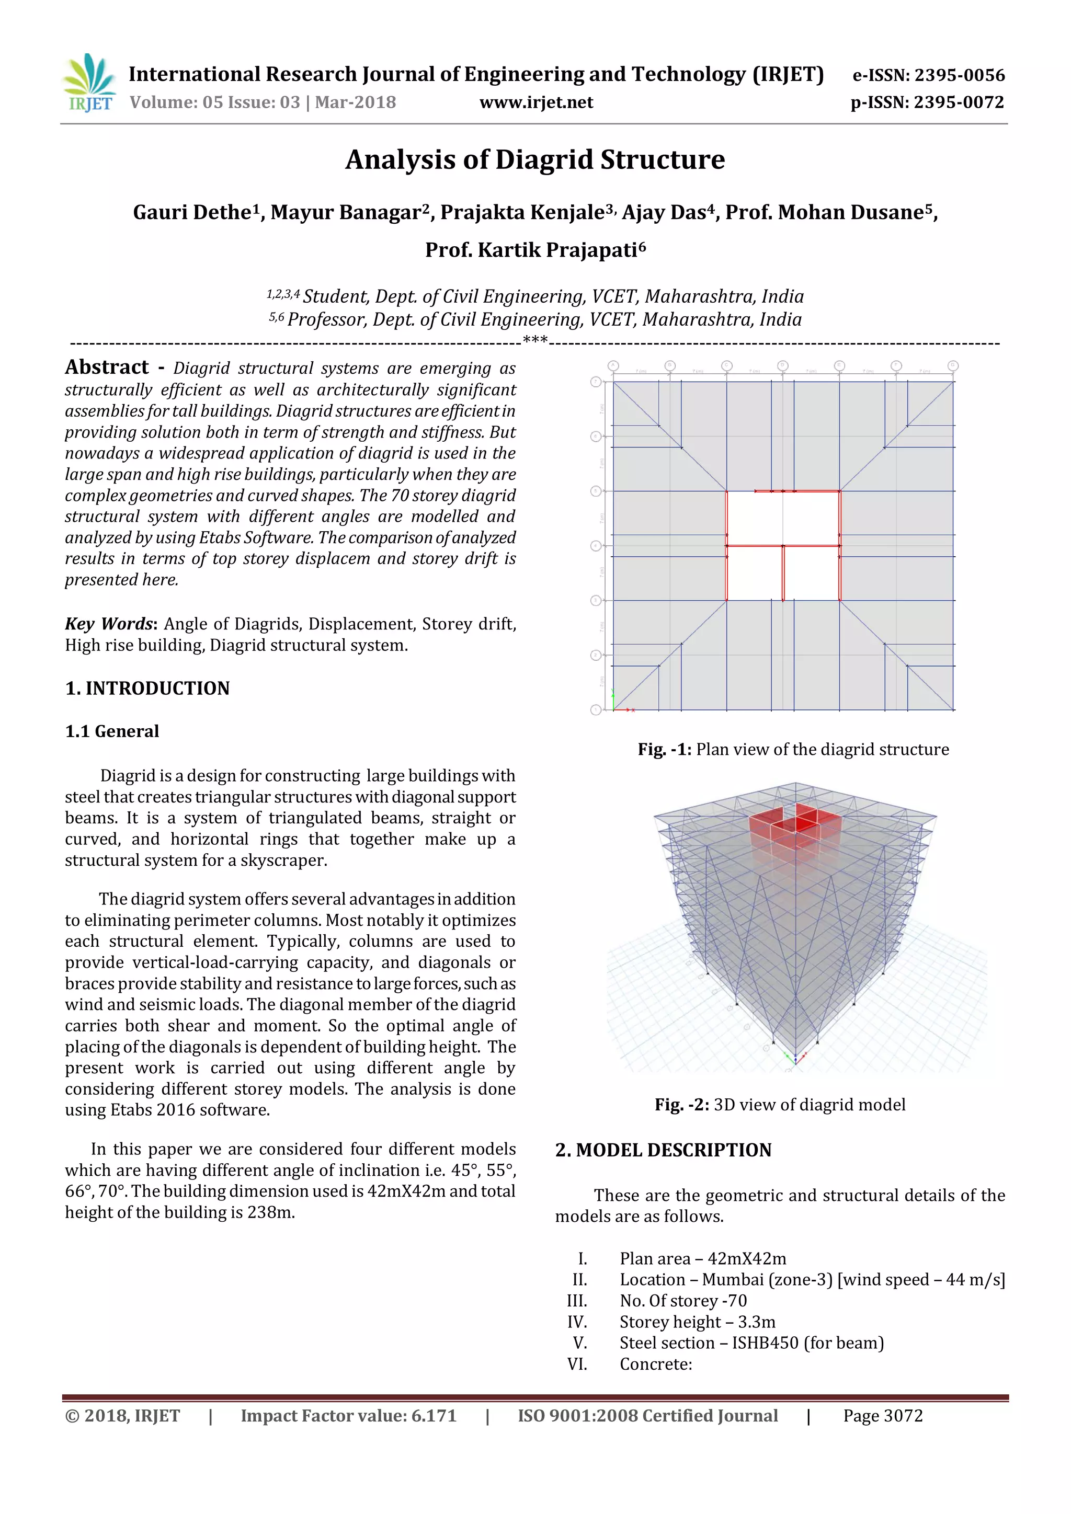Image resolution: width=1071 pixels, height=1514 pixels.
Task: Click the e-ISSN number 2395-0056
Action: pos(959,75)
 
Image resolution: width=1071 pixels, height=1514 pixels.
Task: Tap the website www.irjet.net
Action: pos(535,102)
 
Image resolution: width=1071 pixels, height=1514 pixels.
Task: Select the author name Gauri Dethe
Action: pos(192,212)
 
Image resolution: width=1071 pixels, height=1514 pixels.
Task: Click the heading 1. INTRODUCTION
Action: pos(147,688)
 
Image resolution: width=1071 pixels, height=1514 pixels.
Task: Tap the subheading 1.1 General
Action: pos(112,731)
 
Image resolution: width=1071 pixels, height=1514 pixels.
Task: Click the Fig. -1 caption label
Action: pos(664,749)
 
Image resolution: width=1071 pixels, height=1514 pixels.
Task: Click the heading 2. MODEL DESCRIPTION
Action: pos(663,1150)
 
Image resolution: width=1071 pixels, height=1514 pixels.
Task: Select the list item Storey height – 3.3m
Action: pos(697,1322)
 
